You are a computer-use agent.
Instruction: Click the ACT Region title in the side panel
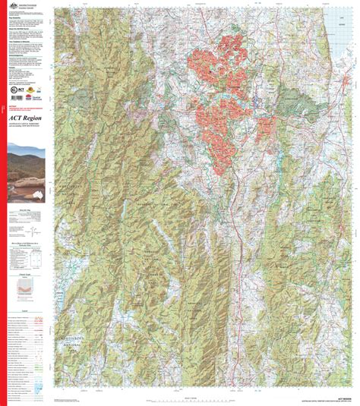point(24,117)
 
